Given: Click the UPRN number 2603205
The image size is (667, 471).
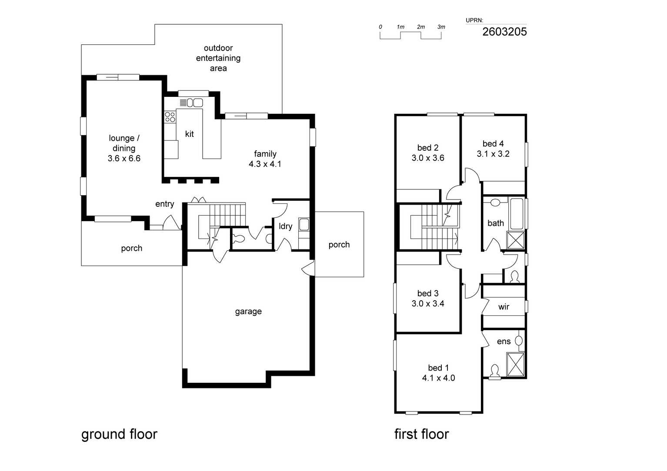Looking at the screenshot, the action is pyautogui.click(x=504, y=32).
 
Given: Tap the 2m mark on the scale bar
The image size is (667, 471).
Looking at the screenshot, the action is pyautogui.click(x=421, y=27).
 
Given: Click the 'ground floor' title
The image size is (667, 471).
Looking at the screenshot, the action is pyautogui.click(x=119, y=435).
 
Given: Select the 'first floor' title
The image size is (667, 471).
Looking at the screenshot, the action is pyautogui.click(x=422, y=434).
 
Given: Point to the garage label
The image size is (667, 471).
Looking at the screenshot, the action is pyautogui.click(x=248, y=312).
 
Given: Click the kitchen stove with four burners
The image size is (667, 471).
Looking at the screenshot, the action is pyautogui.click(x=170, y=117).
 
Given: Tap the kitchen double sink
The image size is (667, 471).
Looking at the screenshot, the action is pyautogui.click(x=195, y=103).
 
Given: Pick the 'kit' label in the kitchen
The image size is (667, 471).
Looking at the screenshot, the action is pyautogui.click(x=190, y=134).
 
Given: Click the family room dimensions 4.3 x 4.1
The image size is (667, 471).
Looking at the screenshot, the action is pyautogui.click(x=265, y=164).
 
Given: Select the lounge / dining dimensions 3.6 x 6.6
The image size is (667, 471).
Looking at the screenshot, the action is pyautogui.click(x=124, y=158).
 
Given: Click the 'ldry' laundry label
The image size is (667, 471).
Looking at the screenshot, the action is pyautogui.click(x=285, y=226).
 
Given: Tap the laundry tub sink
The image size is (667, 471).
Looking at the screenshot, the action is pyautogui.click(x=304, y=224).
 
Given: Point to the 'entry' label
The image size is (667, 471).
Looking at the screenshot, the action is pyautogui.click(x=165, y=204).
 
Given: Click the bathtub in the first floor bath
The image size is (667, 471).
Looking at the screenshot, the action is pyautogui.click(x=517, y=214).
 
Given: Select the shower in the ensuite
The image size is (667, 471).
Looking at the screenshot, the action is pyautogui.click(x=515, y=365).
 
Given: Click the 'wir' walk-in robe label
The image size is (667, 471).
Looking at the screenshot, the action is pyautogui.click(x=504, y=307).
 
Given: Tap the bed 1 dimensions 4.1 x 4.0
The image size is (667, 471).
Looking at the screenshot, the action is pyautogui.click(x=438, y=378).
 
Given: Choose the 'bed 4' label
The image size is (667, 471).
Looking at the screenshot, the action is pyautogui.click(x=493, y=144).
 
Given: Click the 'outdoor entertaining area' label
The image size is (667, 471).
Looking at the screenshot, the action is pyautogui.click(x=218, y=58).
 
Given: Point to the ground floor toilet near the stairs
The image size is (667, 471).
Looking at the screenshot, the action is pyautogui.click(x=239, y=239).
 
